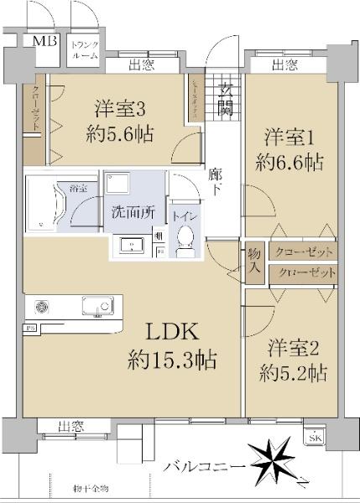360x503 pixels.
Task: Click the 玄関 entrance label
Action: (226, 98)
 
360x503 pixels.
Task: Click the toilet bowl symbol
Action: (185, 240)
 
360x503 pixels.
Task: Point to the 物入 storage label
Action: (255, 261)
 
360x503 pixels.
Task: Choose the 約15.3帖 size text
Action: (172, 361)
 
